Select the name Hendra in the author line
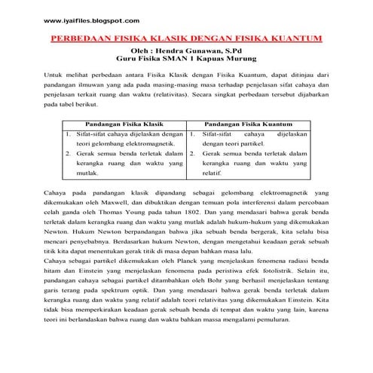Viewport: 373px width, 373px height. [185, 49]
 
